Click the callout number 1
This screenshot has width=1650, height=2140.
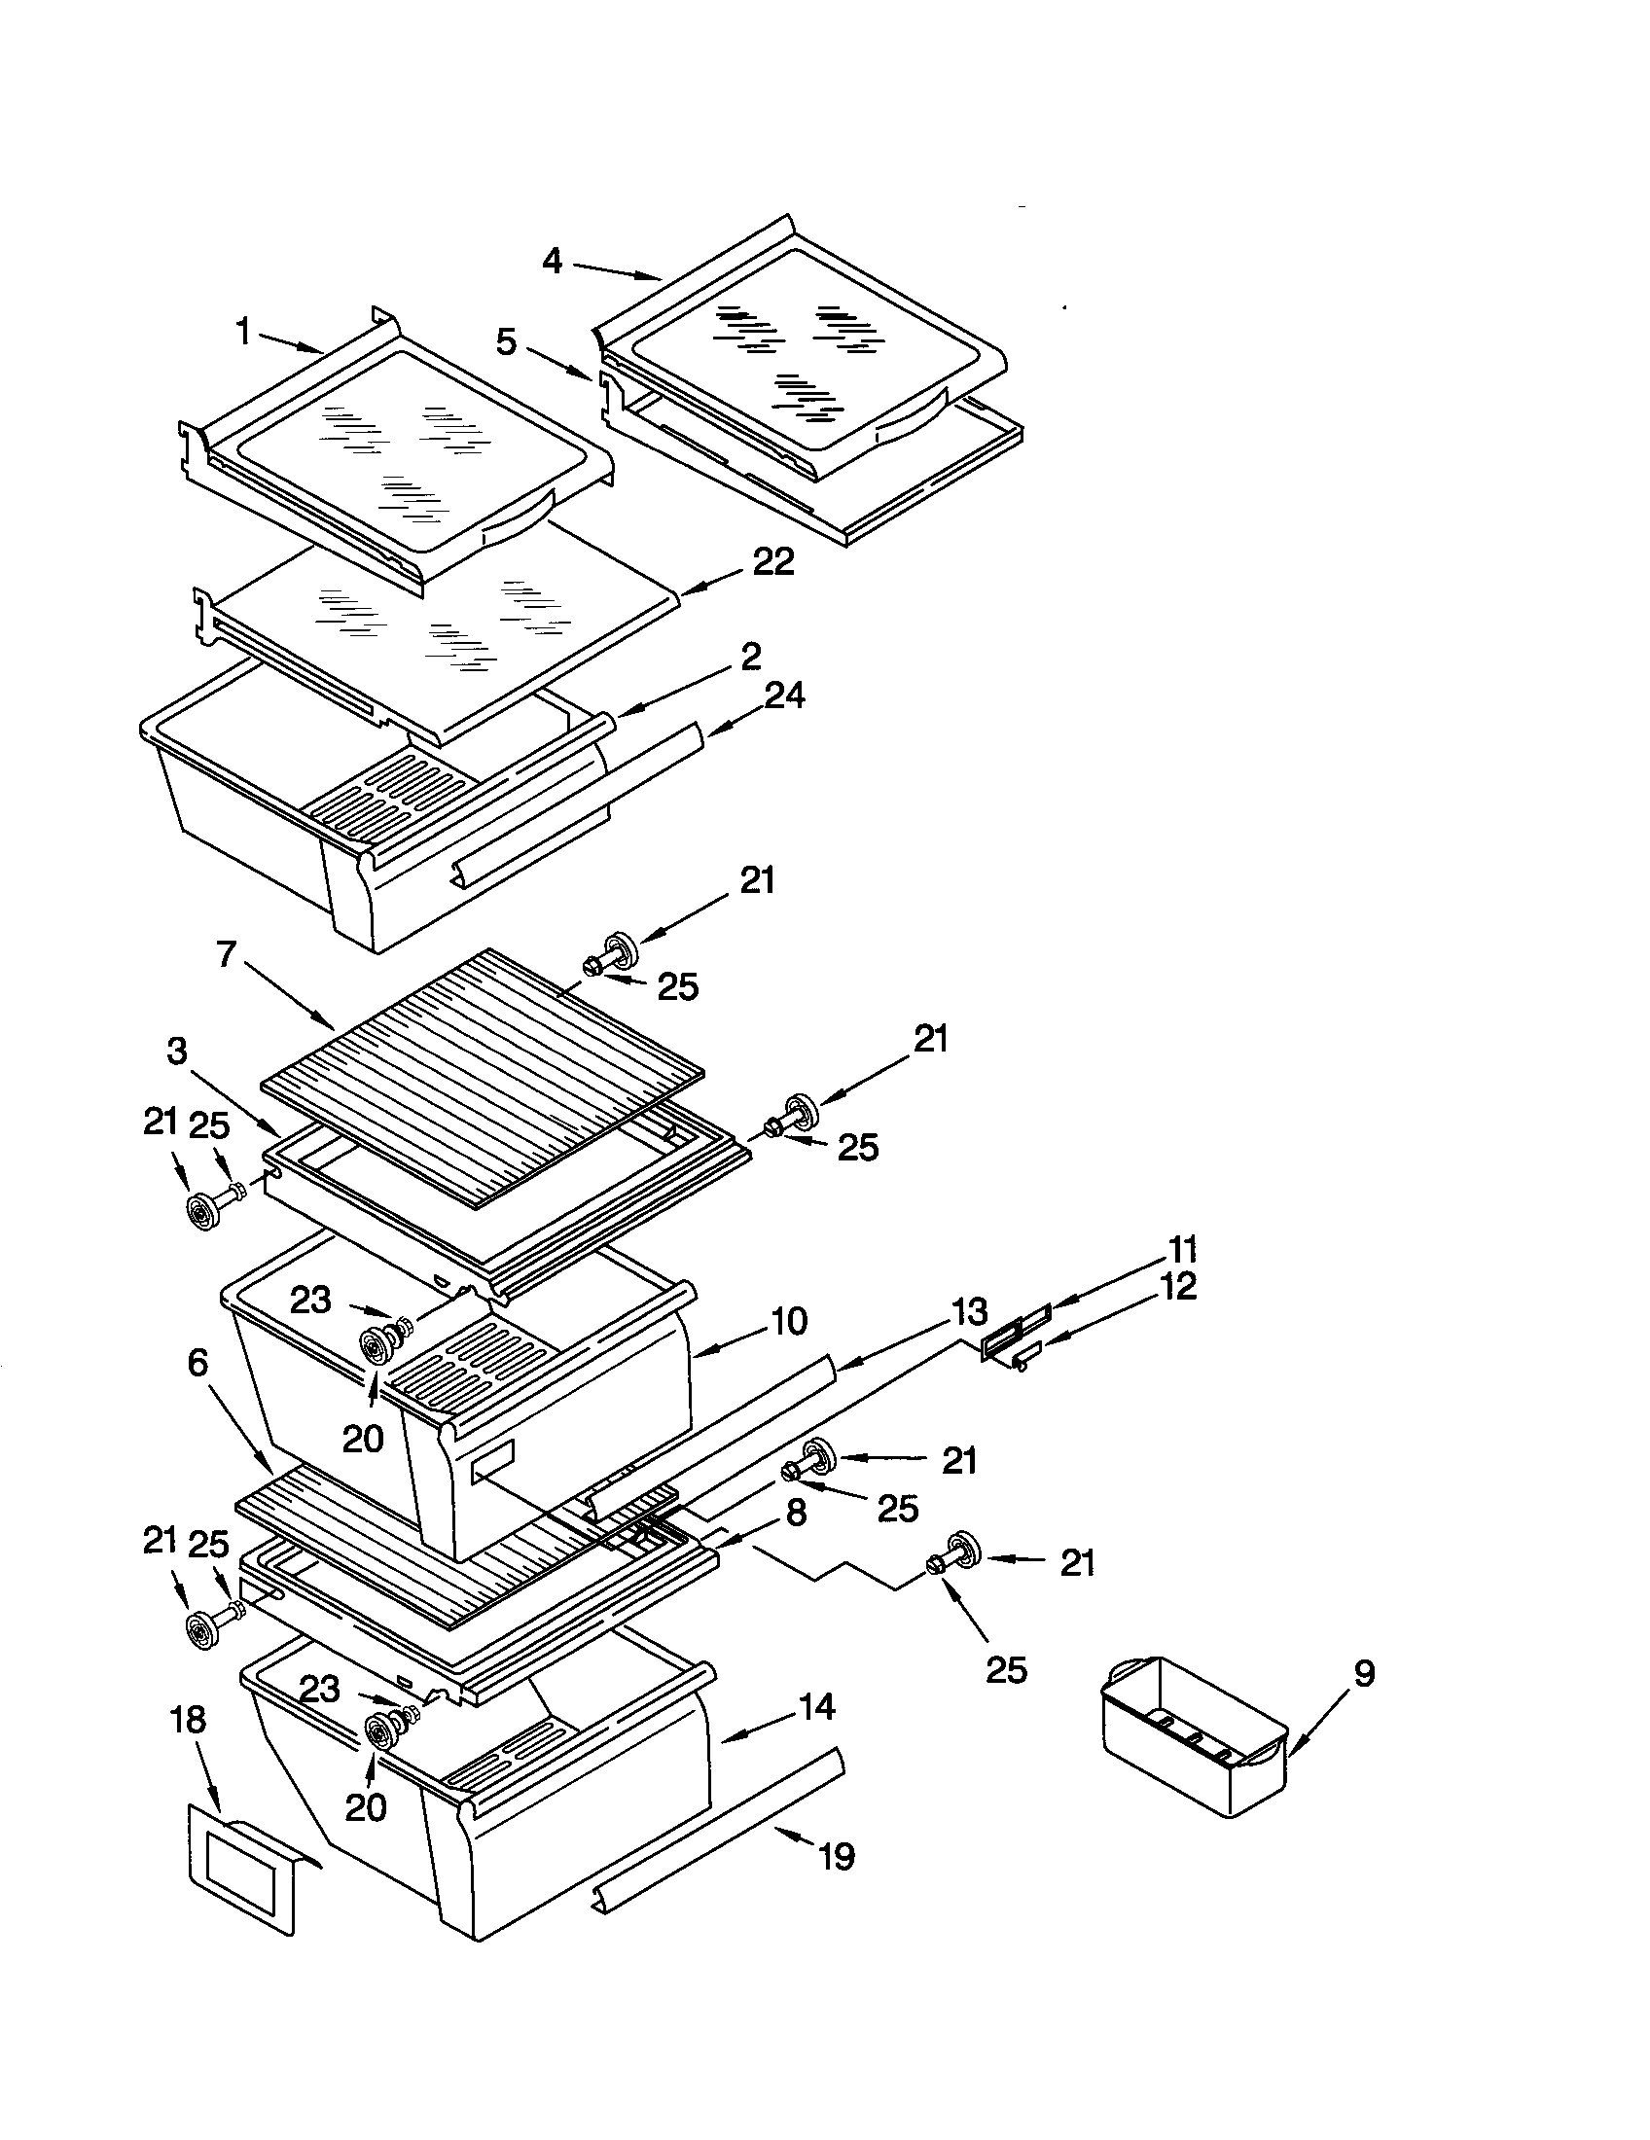[243, 333]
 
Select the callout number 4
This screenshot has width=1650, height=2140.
[552, 261]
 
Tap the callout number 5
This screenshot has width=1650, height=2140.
[506, 343]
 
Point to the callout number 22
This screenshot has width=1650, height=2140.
[773, 562]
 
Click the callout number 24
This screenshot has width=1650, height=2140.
[784, 695]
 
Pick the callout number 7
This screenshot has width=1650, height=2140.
[228, 953]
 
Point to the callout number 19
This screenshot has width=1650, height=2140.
[837, 1856]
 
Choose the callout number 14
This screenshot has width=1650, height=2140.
[816, 1706]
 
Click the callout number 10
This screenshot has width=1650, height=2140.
[789, 1321]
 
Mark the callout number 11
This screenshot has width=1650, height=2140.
[1183, 1250]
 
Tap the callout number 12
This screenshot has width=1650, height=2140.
[1181, 1287]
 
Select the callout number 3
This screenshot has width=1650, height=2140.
[176, 1052]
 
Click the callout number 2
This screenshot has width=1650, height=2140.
[750, 656]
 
